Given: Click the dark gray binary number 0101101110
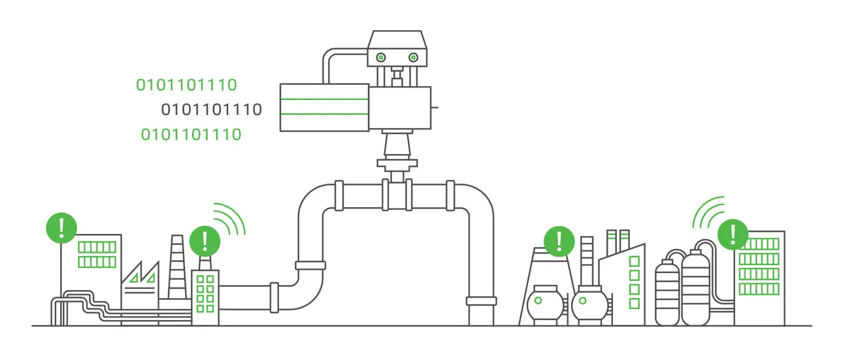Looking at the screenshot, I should [x=211, y=109].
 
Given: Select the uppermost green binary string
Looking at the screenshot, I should [x=186, y=84].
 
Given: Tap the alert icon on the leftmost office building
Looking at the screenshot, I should [x=61, y=227].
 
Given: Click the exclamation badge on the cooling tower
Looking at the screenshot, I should [x=559, y=240].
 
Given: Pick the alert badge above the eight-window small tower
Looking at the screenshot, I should [x=205, y=241].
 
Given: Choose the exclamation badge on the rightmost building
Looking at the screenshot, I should [x=733, y=233].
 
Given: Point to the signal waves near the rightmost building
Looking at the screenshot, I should [x=708, y=210].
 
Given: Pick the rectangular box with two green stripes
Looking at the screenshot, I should [x=324, y=107].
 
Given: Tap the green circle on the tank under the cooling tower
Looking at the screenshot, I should [x=538, y=301].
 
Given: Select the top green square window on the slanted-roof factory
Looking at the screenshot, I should [x=634, y=261].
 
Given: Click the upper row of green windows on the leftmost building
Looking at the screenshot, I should [x=97, y=247].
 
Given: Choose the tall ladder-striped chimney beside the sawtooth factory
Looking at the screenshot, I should [x=177, y=268].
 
